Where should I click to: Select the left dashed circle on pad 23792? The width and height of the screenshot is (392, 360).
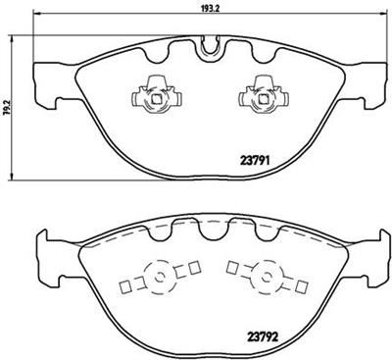155,279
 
